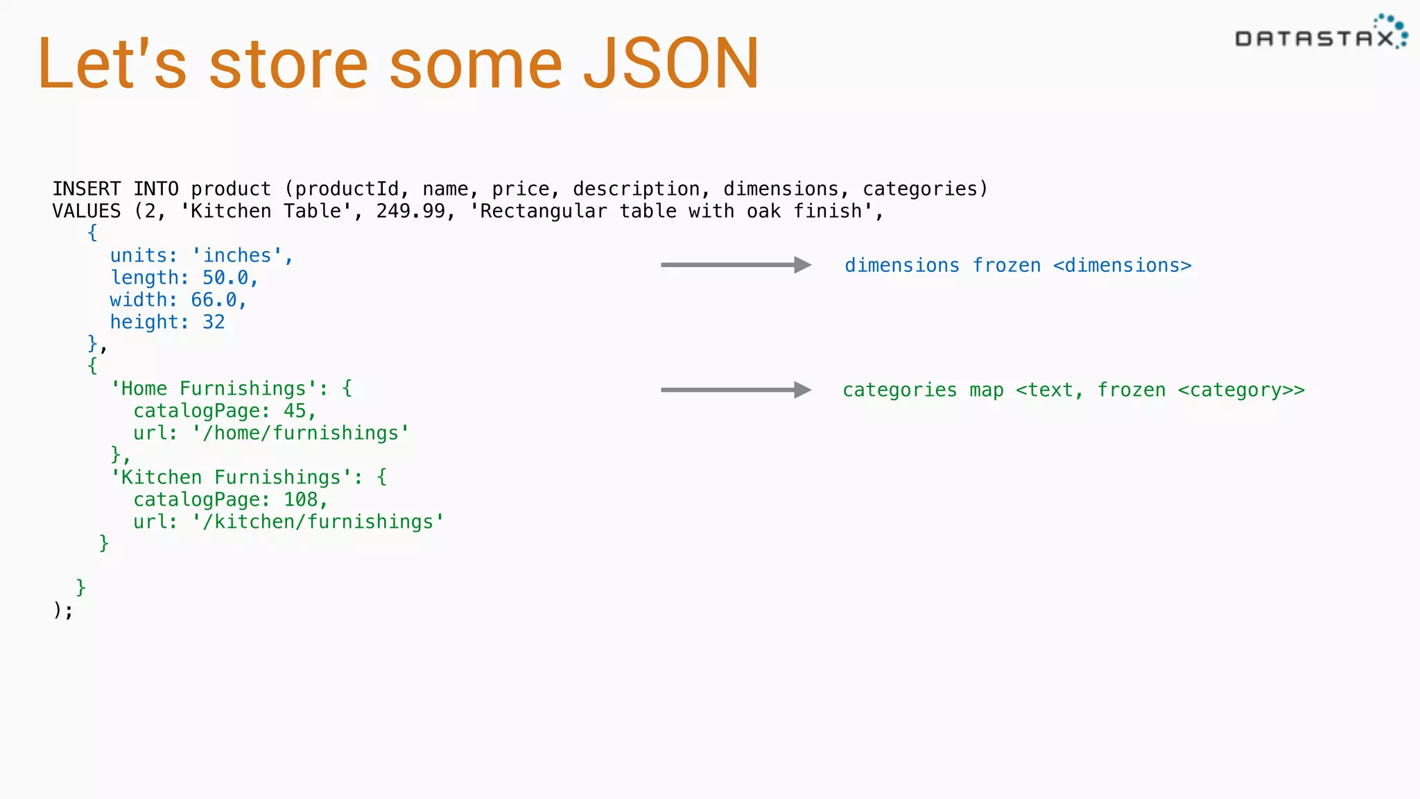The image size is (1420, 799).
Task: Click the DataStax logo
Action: click(x=1320, y=35)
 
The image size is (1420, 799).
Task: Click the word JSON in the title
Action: click(x=670, y=65)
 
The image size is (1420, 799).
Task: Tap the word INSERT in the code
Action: click(x=87, y=189)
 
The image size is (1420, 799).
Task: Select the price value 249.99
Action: click(x=410, y=211)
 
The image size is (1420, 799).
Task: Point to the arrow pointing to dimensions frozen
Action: click(x=736, y=265)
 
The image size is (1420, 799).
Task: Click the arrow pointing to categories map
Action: click(x=736, y=390)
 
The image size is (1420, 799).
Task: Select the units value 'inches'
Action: click(x=237, y=255)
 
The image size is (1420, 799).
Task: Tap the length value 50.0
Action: click(x=225, y=277)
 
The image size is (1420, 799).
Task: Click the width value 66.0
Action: click(x=214, y=300)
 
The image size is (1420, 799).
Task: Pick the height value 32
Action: click(x=214, y=322)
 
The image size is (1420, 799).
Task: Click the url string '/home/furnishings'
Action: click(x=301, y=433)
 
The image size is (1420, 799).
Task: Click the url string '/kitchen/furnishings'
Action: click(x=318, y=522)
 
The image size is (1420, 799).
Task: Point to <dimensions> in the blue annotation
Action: click(x=1122, y=266)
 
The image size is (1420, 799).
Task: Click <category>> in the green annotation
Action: click(x=1241, y=390)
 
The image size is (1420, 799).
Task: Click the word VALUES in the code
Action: click(x=87, y=211)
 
